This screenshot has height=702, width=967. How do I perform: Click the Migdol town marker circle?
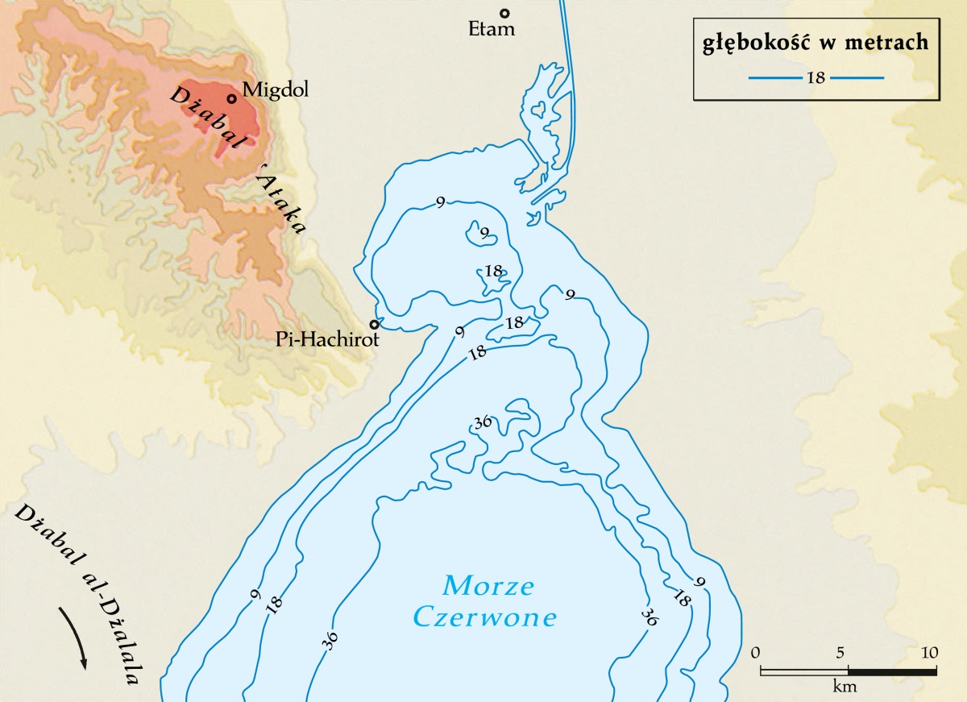[x=231, y=99]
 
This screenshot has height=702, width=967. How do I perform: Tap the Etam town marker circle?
[x=505, y=13]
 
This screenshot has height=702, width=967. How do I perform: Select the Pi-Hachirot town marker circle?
[x=374, y=324]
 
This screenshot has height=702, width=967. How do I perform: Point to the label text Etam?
[x=491, y=31]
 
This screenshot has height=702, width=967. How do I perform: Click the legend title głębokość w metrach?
[x=816, y=44]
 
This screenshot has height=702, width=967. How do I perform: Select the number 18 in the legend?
[x=816, y=78]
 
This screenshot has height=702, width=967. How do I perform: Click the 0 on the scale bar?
[x=755, y=652]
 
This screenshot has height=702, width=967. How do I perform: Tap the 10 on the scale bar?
[x=930, y=652]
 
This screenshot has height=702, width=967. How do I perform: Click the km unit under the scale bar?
[x=845, y=687]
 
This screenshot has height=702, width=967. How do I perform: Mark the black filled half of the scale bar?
[x=891, y=671]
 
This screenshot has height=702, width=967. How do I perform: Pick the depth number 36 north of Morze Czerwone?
[x=483, y=422]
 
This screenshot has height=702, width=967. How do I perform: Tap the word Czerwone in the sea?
[x=485, y=618]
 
